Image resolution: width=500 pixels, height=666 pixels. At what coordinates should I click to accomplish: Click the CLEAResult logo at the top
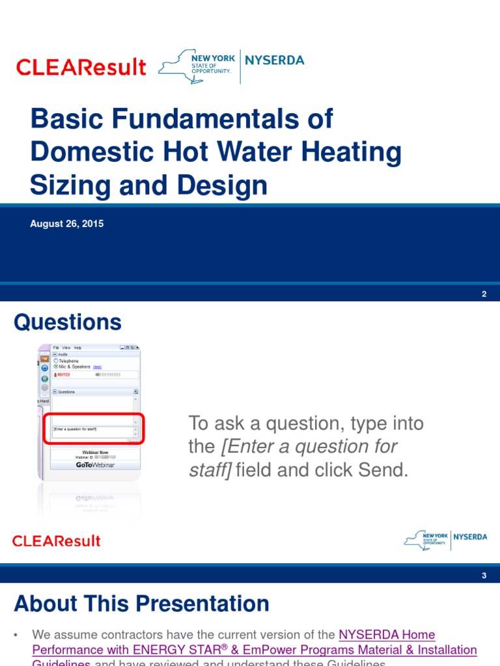tap(81, 67)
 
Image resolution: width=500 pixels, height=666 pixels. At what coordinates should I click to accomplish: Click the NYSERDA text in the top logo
tap(274, 60)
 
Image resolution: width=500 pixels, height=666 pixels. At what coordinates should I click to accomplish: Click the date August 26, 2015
tap(66, 224)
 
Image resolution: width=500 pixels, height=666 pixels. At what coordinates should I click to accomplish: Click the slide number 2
tap(484, 294)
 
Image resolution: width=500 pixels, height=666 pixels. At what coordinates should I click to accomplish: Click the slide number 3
tap(484, 576)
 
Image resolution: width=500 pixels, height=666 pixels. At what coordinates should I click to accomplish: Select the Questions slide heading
tap(68, 323)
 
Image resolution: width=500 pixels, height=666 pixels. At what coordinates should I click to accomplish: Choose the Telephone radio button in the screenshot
tap(56, 360)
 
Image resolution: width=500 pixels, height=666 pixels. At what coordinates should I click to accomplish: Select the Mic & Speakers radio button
tap(56, 367)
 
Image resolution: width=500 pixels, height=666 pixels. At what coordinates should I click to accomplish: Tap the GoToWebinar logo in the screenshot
tap(94, 464)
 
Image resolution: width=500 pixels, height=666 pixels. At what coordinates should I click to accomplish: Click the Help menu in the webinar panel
tap(77, 348)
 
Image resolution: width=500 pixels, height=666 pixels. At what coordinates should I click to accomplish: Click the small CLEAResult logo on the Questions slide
tap(57, 540)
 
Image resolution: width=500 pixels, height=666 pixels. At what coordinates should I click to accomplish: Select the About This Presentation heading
tap(141, 604)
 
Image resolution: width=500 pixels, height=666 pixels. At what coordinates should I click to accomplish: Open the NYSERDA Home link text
tap(387, 634)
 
